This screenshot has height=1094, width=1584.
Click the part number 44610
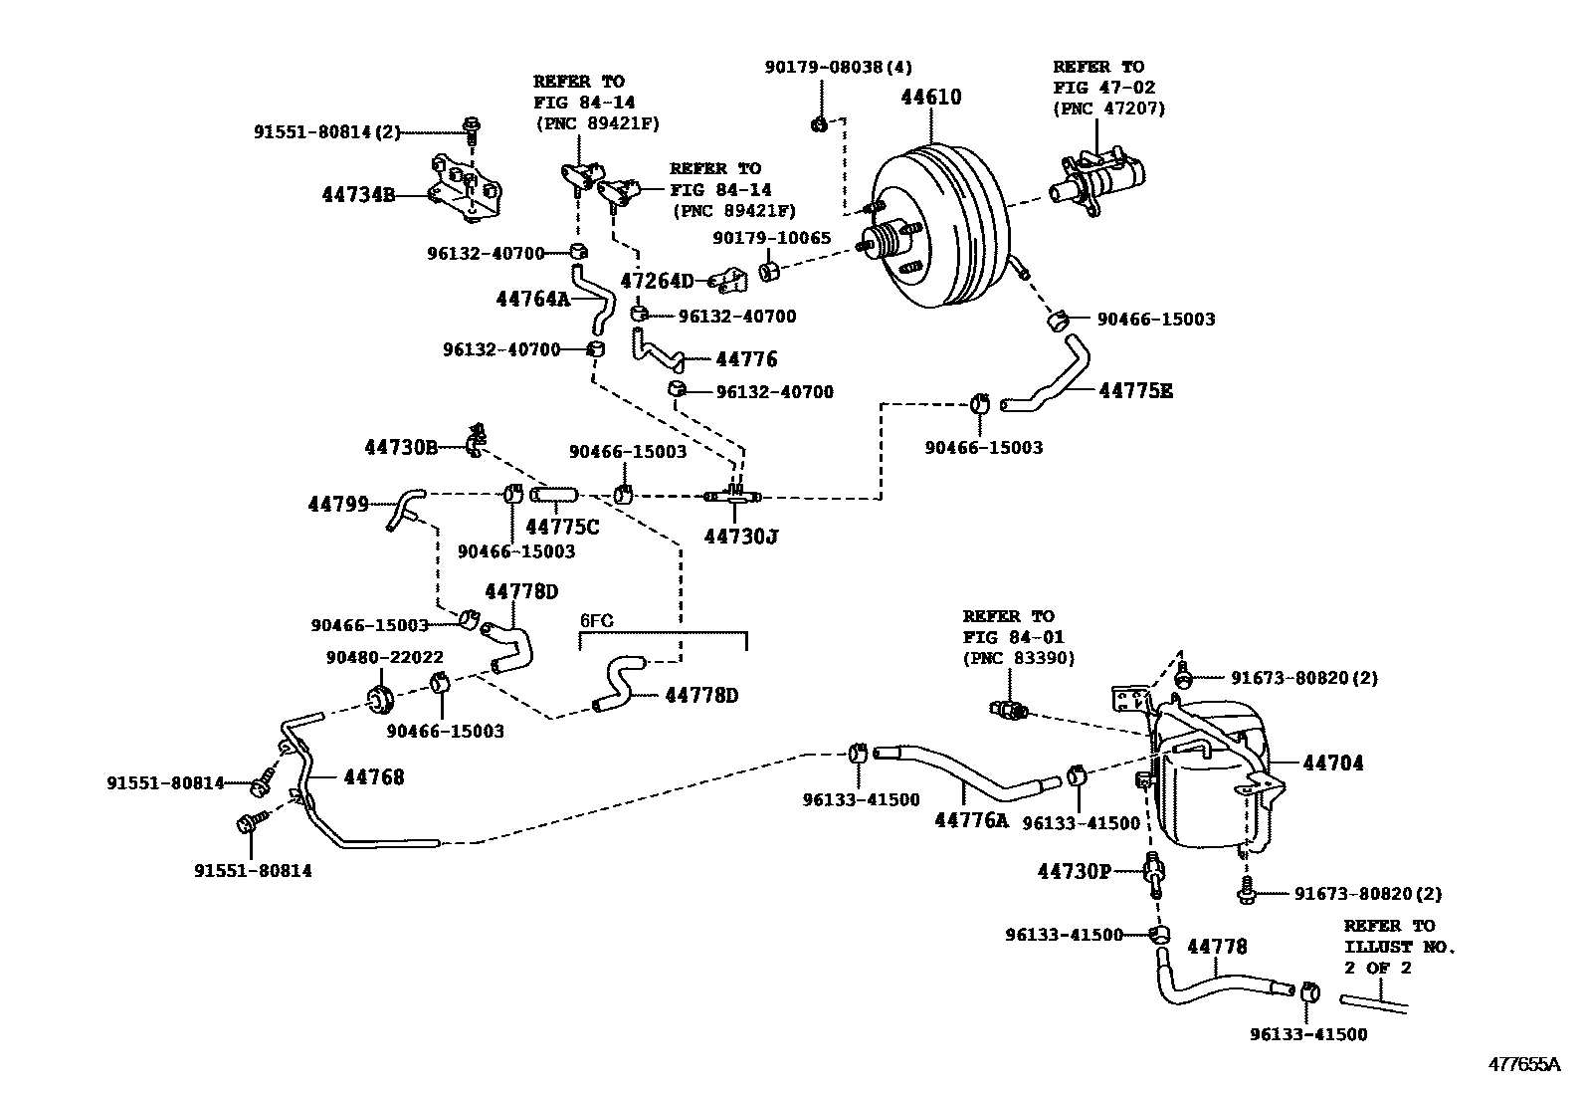click(x=931, y=98)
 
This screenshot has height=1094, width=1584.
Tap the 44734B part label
click(x=358, y=195)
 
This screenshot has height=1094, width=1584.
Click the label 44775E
click(x=1135, y=391)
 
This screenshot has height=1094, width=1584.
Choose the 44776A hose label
click(x=970, y=820)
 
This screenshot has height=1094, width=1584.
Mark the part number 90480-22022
click(x=384, y=658)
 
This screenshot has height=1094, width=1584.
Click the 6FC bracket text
click(x=596, y=621)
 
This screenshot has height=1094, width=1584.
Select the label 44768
click(x=374, y=776)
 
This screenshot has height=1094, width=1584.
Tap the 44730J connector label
click(x=740, y=538)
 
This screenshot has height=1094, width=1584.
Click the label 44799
click(x=338, y=505)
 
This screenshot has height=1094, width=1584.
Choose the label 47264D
click(x=657, y=281)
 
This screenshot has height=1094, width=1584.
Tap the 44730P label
click(x=1074, y=872)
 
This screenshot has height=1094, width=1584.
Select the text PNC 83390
click(x=1019, y=658)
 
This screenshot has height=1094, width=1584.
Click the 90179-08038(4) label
click(x=838, y=67)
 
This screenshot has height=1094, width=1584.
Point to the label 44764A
click(x=532, y=298)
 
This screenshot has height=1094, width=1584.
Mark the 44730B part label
click(x=401, y=448)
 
